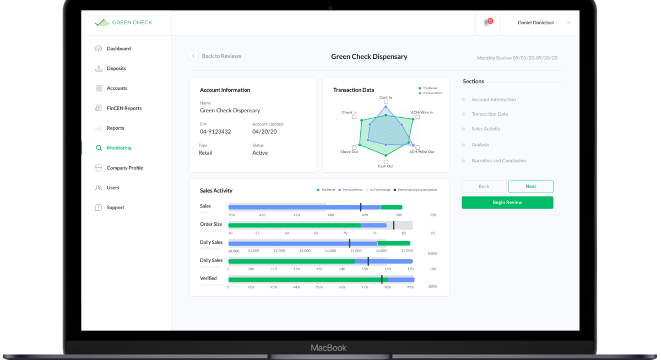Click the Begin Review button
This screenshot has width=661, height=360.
(x=507, y=203)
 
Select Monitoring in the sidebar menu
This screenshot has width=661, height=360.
(x=118, y=148)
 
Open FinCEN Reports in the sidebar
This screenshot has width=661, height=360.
(x=123, y=108)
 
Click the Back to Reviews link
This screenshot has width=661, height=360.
(x=221, y=56)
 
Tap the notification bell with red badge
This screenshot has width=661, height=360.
(x=487, y=23)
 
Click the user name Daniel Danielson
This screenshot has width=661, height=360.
(x=535, y=23)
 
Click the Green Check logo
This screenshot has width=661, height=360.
(x=123, y=23)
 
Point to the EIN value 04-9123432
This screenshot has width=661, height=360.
(x=215, y=132)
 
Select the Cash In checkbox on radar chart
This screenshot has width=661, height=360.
(x=386, y=102)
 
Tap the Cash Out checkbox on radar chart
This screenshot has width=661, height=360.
(x=386, y=161)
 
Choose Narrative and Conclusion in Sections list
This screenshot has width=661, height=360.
(x=499, y=161)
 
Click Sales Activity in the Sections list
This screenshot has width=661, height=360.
(x=486, y=129)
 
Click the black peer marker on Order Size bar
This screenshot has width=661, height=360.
(x=393, y=225)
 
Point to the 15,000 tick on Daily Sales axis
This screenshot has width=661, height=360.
(x=356, y=250)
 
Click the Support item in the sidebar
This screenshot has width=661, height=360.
(x=115, y=208)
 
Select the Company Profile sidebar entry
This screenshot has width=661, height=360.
(x=124, y=168)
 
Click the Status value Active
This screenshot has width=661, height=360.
(x=260, y=153)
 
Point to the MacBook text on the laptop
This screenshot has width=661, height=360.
(x=329, y=348)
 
